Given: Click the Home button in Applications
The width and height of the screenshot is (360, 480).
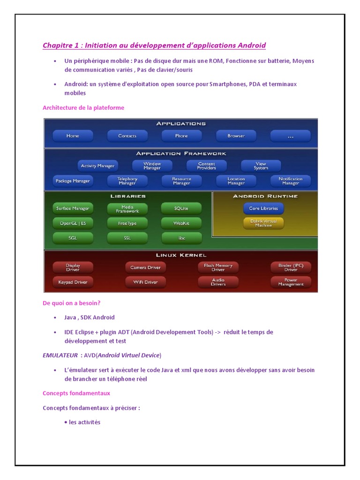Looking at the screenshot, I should (73, 136).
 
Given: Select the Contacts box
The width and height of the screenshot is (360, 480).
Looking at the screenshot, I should (127, 136).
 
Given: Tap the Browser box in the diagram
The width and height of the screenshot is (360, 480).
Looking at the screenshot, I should (236, 136).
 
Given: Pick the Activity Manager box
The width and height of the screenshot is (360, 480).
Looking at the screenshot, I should (97, 166).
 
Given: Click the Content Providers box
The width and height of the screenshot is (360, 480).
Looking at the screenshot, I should (206, 166).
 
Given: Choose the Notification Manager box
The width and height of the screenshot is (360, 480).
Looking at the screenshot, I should (290, 181).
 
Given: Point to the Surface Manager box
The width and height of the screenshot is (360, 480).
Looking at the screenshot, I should (73, 208).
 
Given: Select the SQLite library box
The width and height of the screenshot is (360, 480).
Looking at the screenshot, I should (181, 208).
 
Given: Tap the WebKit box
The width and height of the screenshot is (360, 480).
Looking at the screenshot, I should (181, 223).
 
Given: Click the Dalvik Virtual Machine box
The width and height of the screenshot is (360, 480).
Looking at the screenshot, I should (263, 223).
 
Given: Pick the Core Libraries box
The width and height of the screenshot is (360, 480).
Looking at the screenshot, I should (263, 208).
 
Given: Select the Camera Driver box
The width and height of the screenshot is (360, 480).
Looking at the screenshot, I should (145, 267).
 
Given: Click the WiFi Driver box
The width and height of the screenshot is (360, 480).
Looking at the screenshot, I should (145, 282).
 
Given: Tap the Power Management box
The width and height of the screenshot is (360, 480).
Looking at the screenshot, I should (290, 282).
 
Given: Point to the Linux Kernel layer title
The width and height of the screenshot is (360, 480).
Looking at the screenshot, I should (181, 255).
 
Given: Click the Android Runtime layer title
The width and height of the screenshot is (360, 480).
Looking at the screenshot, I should (265, 196).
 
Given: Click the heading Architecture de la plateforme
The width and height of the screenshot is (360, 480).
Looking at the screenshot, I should (83, 108).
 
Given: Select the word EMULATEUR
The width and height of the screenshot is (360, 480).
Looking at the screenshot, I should (60, 355).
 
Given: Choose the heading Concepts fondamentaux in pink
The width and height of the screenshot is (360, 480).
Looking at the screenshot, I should (76, 393).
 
